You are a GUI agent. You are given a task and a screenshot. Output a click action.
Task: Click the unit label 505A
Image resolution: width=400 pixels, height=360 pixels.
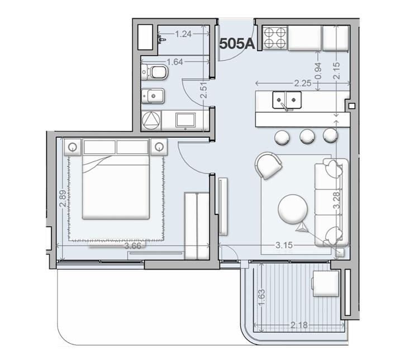[237, 44]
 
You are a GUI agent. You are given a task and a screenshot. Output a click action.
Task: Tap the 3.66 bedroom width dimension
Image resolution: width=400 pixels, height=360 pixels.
[132, 246]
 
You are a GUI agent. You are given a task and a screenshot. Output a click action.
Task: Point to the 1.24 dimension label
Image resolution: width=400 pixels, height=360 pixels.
[183, 34]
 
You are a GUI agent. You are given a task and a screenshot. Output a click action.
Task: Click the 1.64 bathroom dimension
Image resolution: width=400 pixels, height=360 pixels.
[175, 61]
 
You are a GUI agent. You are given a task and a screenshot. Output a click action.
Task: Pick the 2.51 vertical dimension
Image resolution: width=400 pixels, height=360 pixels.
[203, 90]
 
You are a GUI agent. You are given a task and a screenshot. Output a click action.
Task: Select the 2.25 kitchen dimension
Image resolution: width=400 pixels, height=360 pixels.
[303, 83]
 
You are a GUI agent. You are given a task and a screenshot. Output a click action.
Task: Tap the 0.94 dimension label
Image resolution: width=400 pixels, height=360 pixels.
[318, 71]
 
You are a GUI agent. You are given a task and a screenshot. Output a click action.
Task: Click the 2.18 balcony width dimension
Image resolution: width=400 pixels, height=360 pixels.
[299, 325]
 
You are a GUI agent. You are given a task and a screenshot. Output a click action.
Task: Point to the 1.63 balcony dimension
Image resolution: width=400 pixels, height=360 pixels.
[261, 297]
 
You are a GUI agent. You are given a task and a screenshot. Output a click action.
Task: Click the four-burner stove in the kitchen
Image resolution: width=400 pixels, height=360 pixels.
[274, 38]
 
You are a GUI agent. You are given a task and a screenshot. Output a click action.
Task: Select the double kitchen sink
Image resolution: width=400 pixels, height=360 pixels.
[287, 100]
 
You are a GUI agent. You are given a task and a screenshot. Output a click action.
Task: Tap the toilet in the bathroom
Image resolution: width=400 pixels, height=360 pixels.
[155, 72]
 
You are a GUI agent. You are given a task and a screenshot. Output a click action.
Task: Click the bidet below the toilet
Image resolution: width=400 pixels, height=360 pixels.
[153, 96]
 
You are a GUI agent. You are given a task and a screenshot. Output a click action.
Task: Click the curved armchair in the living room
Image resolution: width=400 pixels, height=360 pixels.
[268, 166]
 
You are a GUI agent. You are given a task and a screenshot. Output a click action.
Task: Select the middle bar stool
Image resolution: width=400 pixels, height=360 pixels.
[307, 136]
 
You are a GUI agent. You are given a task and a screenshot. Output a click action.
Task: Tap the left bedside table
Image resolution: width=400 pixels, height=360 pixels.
[73, 147]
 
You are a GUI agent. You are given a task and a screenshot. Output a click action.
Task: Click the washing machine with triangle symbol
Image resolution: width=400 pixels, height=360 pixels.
[151, 121]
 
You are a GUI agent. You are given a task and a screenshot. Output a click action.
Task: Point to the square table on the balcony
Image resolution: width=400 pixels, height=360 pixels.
[326, 284]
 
